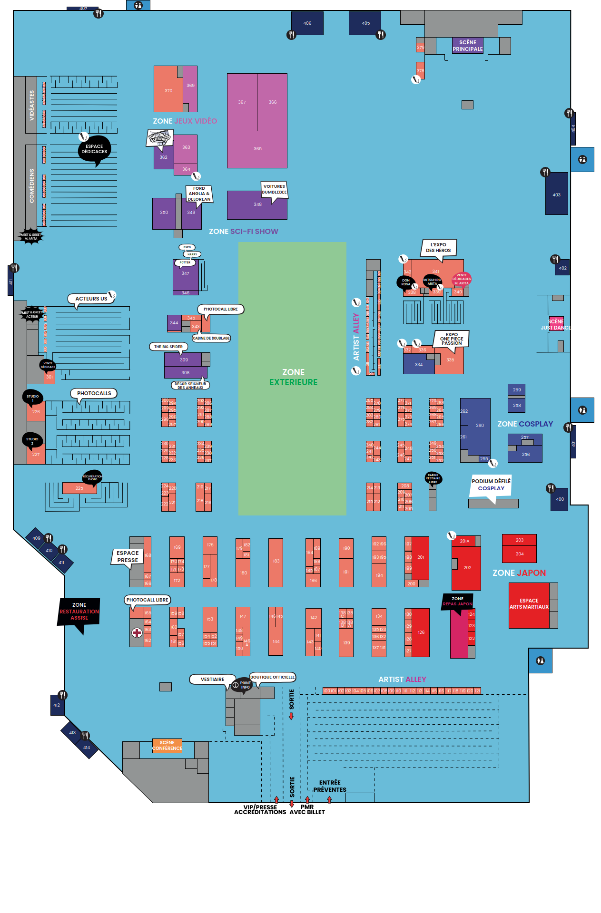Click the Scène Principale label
pyautogui.click(x=467, y=46)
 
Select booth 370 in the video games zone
pyautogui.click(x=168, y=90)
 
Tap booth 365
pyautogui.click(x=257, y=149)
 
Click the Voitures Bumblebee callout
pyautogui.click(x=274, y=189)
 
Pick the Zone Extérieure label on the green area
pyautogui.click(x=293, y=377)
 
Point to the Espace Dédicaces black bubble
pyautogui.click(x=94, y=149)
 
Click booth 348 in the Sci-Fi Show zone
pyautogui.click(x=257, y=205)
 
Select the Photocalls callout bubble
pyautogui.click(x=94, y=393)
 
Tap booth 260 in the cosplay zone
pyautogui.click(x=479, y=426)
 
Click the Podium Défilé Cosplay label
pyautogui.click(x=491, y=485)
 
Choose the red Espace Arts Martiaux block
pyautogui.click(x=529, y=604)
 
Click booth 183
pyautogui.click(x=276, y=562)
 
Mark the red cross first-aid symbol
pyautogui.click(x=137, y=632)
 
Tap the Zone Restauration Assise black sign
pyautogui.click(x=79, y=612)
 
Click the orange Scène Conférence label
pyautogui.click(x=167, y=745)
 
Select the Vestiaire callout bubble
pyautogui.click(x=212, y=680)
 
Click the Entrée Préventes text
pyautogui.click(x=330, y=786)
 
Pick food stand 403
pyautogui.click(x=556, y=194)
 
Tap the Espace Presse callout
pyautogui.click(x=128, y=556)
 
